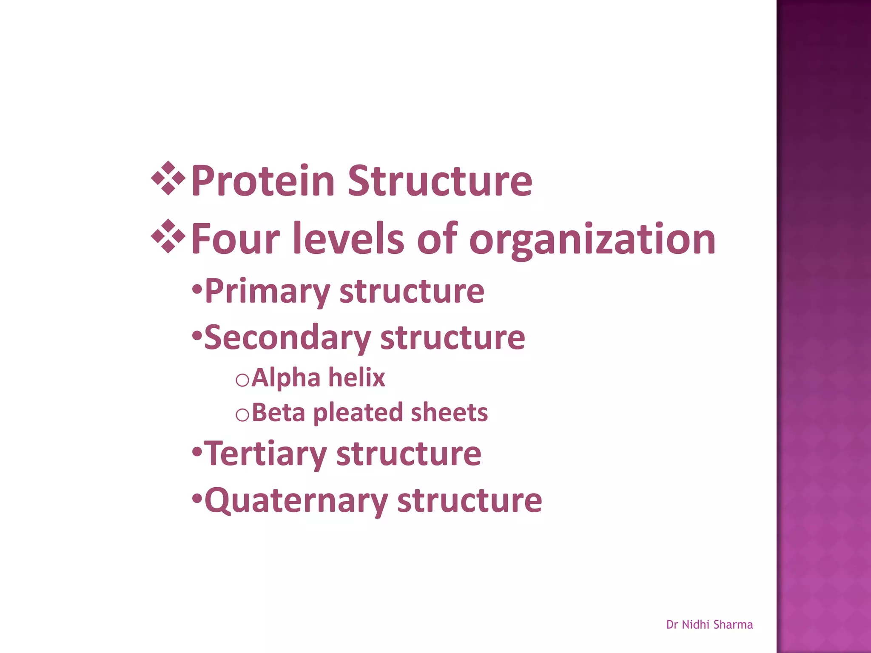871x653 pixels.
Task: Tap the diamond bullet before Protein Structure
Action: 168,179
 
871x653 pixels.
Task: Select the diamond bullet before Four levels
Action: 168,236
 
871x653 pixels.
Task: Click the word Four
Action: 235,239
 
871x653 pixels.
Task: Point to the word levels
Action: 349,239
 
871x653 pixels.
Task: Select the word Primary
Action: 267,292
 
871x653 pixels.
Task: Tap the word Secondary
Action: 287,338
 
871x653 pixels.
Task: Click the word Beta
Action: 278,412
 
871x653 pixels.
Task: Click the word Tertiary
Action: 265,454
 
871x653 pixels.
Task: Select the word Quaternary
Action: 296,501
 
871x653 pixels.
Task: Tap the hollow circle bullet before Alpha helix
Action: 242,380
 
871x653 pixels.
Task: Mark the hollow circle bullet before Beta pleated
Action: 242,415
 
